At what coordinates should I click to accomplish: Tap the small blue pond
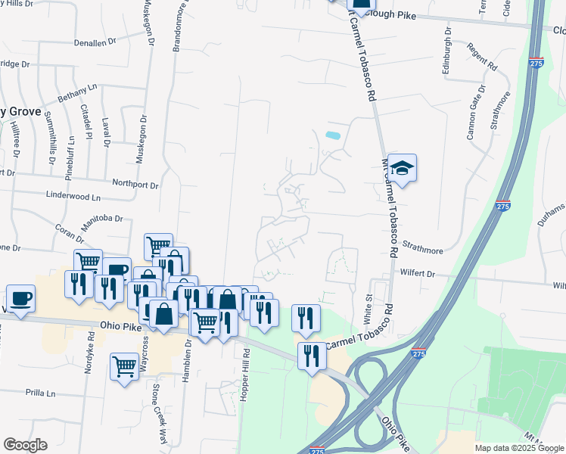click(x=332, y=136)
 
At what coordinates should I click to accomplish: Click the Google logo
click(x=25, y=445)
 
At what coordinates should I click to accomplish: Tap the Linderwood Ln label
click(x=74, y=197)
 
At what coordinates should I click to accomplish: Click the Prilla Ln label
click(x=41, y=393)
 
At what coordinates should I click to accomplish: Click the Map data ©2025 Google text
click(x=518, y=448)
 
